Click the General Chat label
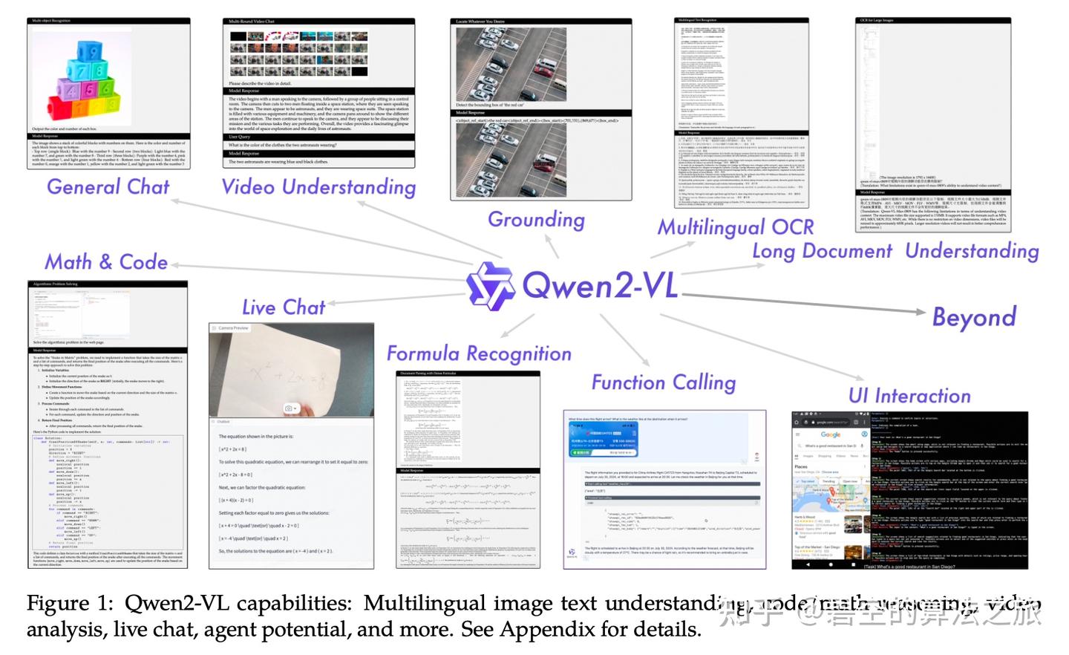pos(108,186)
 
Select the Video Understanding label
pos(318,187)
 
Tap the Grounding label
pos(536,220)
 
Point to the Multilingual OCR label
pos(735,227)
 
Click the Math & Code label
pos(106,262)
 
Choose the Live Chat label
pos(284,307)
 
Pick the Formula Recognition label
pos(479,353)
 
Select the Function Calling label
pos(663,382)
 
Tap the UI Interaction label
pos(909,396)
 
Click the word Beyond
pos(974,317)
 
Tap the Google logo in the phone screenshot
pos(830,434)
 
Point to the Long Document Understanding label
pos(895,251)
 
